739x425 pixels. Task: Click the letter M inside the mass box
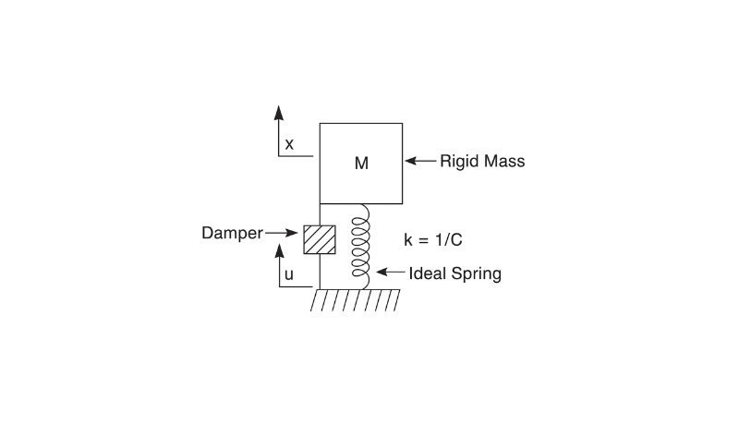point(361,164)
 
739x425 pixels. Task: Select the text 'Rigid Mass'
point(482,162)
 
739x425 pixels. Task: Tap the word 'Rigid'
point(458,162)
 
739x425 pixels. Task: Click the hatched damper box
point(319,237)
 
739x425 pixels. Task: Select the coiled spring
point(359,245)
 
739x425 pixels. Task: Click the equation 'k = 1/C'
point(433,239)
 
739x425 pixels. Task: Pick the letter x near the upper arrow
point(289,144)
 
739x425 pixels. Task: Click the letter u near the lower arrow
point(289,274)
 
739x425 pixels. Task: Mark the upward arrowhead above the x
point(278,111)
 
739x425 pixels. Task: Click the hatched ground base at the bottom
point(355,299)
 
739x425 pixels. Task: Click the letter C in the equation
point(456,239)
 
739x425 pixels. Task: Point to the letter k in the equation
point(408,239)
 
